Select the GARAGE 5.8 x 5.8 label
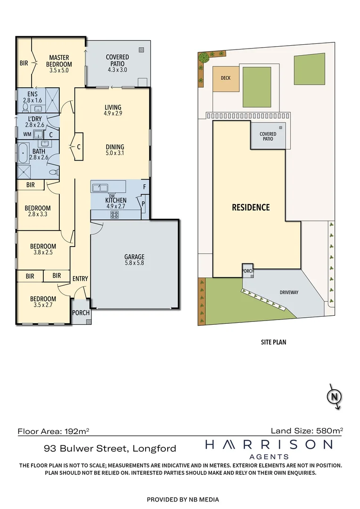click(134, 260)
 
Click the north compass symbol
click(335, 396)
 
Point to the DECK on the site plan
click(226, 78)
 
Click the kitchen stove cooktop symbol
click(115, 214)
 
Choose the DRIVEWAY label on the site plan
click(289, 292)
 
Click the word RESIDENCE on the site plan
click(251, 207)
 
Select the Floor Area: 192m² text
click(53, 431)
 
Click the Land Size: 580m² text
click(307, 431)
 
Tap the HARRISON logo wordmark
click(269, 444)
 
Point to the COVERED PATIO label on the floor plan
click(117, 63)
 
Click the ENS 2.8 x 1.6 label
click(33, 97)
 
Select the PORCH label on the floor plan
click(81, 313)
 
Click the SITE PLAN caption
click(273, 342)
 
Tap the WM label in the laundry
click(27, 134)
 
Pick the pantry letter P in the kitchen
click(143, 204)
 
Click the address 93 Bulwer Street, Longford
click(110, 449)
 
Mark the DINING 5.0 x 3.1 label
click(115, 150)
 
